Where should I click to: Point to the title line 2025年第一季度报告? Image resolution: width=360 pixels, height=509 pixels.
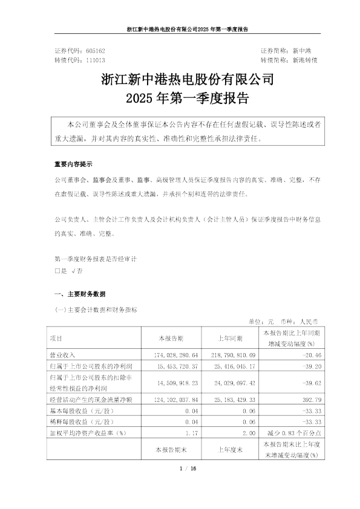(180, 97)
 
